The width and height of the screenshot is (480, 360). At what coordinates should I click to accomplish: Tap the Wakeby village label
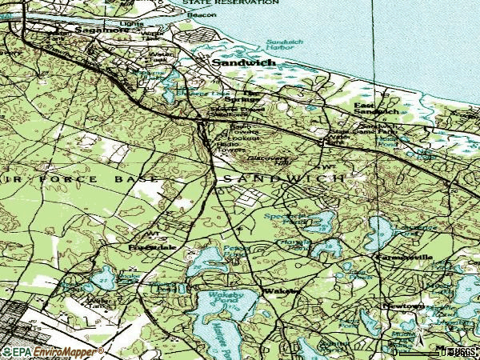(x=279, y=291)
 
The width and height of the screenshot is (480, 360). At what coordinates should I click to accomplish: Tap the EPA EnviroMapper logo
(x=52, y=352)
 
